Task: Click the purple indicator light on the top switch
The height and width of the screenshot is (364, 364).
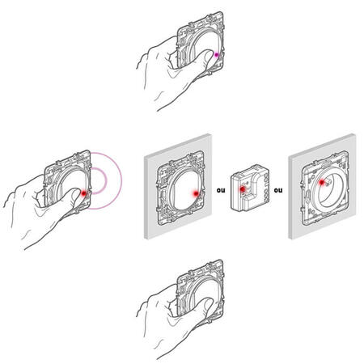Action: [x=216, y=55]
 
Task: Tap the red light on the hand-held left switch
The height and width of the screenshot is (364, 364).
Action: [x=83, y=193]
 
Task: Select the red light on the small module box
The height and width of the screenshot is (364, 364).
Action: [x=243, y=189]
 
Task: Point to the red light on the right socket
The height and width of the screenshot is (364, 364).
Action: [x=321, y=183]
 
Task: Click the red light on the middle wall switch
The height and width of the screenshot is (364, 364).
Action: [x=196, y=193]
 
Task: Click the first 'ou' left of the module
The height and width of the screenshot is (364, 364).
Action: [x=221, y=190]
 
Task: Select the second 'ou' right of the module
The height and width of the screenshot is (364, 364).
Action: [x=278, y=190]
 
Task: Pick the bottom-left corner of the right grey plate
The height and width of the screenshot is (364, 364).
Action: [x=289, y=239]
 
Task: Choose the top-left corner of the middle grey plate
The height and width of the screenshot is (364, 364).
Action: [x=145, y=158]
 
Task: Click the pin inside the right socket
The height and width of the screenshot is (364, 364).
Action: [x=328, y=184]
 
